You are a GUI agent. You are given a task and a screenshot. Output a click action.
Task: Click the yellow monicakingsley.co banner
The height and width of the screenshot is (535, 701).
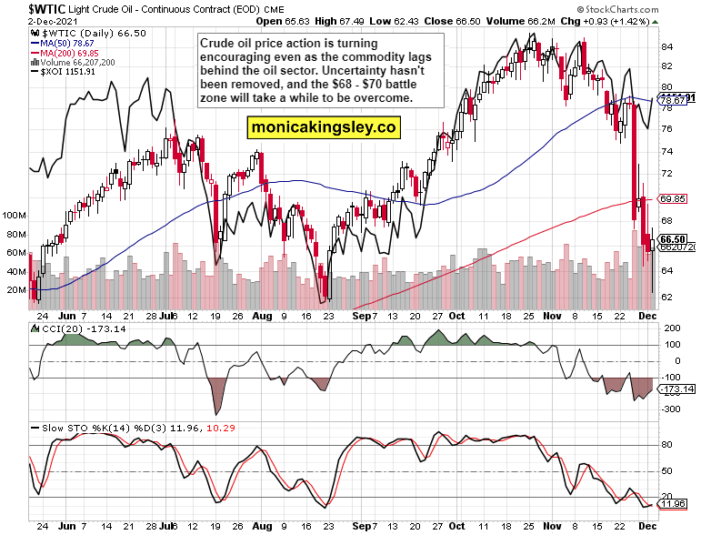(325, 128)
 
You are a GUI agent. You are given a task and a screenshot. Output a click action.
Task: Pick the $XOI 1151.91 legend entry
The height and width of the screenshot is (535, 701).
(70, 73)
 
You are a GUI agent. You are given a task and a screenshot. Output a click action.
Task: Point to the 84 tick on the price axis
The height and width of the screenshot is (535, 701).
(666, 46)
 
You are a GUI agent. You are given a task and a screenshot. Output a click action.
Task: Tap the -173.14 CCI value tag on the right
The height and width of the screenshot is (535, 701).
(676, 389)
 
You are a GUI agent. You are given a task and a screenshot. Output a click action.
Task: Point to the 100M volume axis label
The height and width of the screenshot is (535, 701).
(15, 216)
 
